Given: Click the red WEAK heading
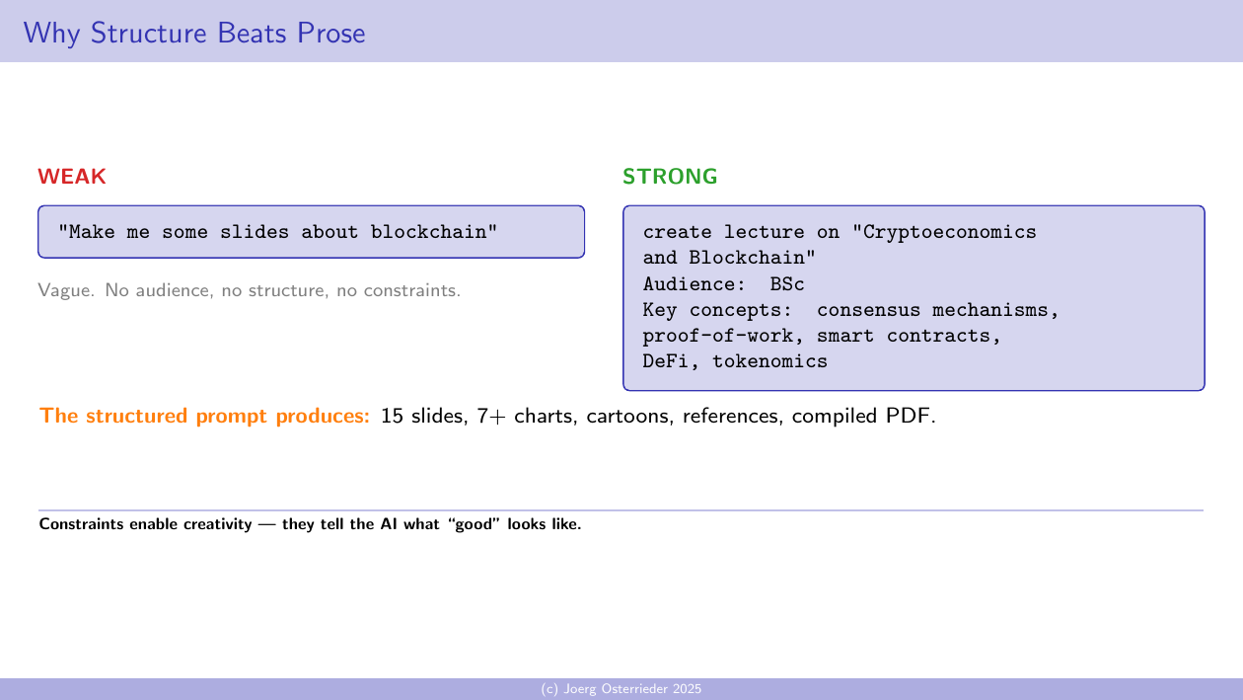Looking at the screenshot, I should click(72, 177).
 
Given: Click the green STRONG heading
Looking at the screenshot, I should click(670, 177).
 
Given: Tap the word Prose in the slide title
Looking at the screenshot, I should click(329, 34).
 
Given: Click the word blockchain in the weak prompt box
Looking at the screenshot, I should click(434, 232).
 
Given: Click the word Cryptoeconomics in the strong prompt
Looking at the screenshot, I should click(949, 232).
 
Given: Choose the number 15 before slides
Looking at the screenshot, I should click(392, 416).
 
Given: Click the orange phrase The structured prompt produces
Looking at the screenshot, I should click(205, 416).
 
